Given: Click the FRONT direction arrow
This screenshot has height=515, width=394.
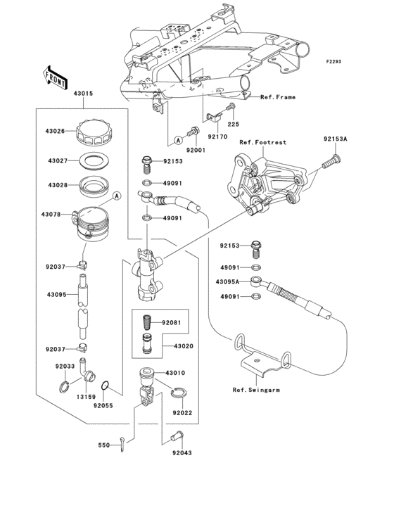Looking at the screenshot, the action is [55, 77].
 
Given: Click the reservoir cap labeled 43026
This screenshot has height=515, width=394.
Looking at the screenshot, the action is [94, 133].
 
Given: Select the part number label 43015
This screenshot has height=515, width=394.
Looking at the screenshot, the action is [83, 94].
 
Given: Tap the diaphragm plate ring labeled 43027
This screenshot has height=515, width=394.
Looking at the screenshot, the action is [94, 161].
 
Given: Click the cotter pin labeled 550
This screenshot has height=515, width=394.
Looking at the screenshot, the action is [122, 444].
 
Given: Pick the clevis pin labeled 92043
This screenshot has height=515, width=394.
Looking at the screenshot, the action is [177, 436].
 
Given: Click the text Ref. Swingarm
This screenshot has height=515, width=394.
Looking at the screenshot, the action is [256, 390].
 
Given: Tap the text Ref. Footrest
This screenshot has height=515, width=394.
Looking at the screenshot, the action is [262, 142].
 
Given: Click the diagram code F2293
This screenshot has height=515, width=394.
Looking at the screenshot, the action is [333, 61].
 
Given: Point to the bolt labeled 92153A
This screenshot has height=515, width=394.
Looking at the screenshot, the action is [331, 161].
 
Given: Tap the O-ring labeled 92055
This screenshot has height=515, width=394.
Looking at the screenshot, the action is [105, 386].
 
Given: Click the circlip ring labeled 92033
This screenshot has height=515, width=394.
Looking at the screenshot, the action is [64, 386].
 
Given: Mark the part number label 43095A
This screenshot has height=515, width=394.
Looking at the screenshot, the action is [227, 282].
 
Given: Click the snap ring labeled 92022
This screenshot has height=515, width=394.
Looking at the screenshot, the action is [179, 393].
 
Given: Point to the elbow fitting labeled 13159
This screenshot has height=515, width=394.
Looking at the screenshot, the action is [87, 371].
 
